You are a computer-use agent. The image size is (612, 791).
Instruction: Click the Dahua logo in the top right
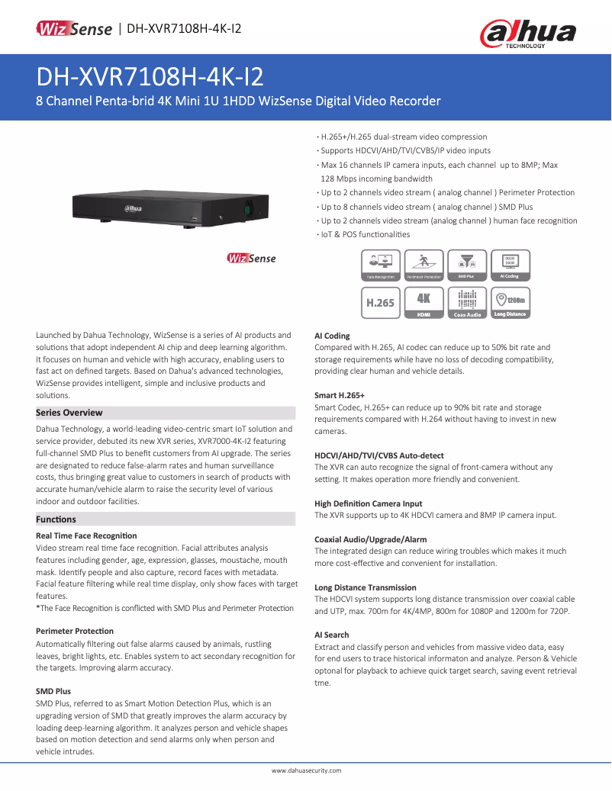[527, 34]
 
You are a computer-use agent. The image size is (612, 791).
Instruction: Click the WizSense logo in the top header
[75, 29]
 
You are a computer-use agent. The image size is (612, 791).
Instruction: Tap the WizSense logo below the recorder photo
[252, 258]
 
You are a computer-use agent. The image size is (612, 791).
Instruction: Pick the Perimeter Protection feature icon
[424, 265]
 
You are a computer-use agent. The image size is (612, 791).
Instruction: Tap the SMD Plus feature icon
[466, 265]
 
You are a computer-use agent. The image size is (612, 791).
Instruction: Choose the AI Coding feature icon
[509, 265]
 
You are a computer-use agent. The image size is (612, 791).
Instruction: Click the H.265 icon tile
[380, 302]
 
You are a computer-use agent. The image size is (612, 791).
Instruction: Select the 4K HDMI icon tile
[424, 302]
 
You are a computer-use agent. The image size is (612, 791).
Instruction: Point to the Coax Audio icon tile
[466, 302]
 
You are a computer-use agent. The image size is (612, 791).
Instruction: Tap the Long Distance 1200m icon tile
[509, 302]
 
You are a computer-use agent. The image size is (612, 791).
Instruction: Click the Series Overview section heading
[69, 413]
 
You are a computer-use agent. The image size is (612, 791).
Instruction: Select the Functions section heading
[56, 519]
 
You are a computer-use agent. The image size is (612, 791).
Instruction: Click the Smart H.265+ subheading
[340, 395]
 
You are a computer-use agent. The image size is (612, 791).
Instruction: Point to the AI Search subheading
[332, 635]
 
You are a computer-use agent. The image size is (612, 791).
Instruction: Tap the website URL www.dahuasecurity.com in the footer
[306, 771]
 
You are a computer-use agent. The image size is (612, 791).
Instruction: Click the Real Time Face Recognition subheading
[86, 536]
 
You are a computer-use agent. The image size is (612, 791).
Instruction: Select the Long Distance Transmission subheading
[366, 587]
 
